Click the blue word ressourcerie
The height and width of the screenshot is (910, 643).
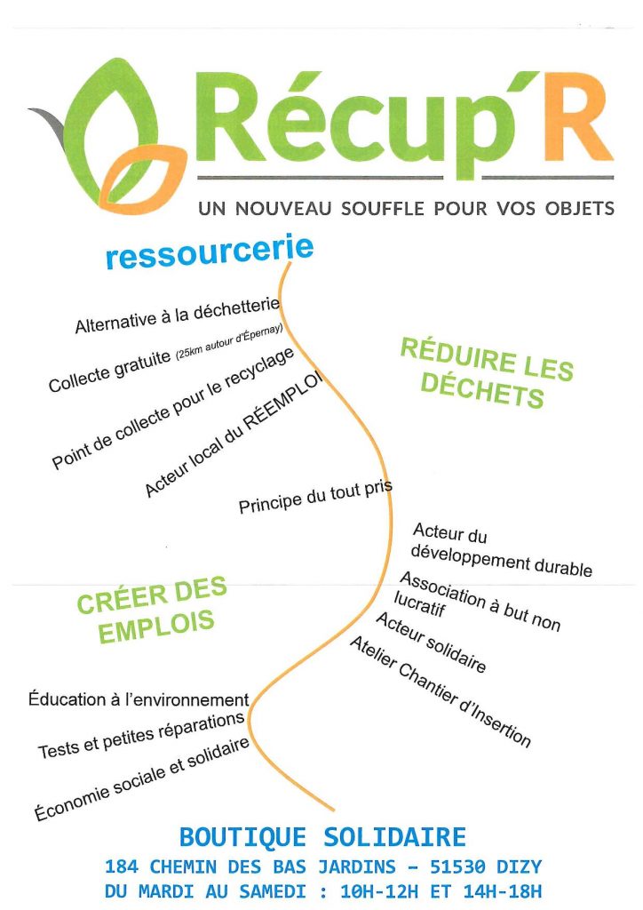tap(210, 251)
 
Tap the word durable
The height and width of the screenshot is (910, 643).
tap(562, 566)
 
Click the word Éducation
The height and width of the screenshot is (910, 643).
tap(67, 698)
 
